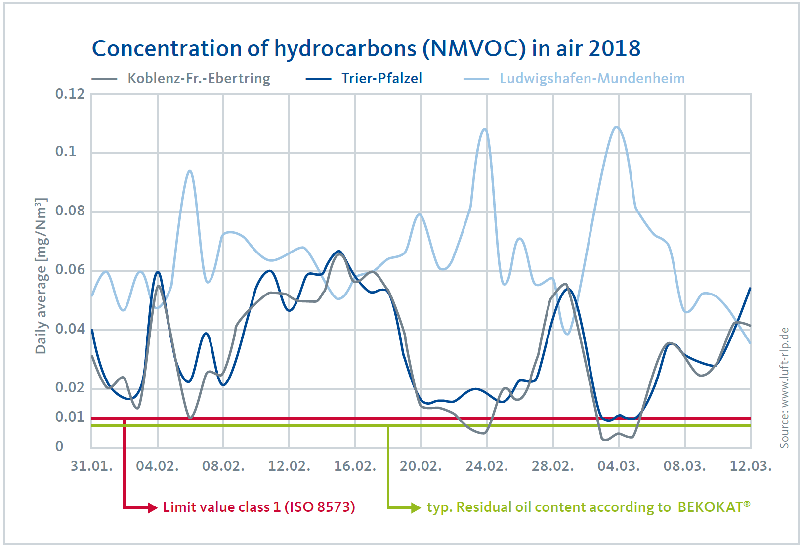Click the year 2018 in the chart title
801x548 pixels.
(x=614, y=48)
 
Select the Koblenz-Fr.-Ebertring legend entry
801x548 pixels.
(x=199, y=78)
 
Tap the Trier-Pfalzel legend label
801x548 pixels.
(x=381, y=78)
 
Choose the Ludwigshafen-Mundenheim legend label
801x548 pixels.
(x=592, y=78)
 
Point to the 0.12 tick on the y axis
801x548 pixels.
(x=70, y=94)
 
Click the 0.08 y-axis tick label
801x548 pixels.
(x=70, y=211)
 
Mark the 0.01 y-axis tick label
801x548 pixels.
(x=70, y=417)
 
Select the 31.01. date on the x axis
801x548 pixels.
(x=91, y=466)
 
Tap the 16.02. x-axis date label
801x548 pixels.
(x=355, y=466)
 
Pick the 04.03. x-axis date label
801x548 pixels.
(x=618, y=466)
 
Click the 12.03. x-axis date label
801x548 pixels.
(x=750, y=466)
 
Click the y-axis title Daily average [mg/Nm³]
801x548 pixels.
(x=41, y=276)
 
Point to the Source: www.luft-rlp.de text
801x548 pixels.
(x=784, y=387)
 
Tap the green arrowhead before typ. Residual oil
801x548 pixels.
(x=416, y=507)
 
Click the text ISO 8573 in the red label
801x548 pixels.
(x=320, y=507)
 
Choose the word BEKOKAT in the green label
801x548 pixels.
(x=710, y=507)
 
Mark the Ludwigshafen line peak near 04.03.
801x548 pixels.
(x=616, y=127)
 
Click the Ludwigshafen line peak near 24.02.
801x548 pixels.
(x=485, y=129)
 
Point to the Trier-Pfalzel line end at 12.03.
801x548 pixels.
(x=750, y=288)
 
